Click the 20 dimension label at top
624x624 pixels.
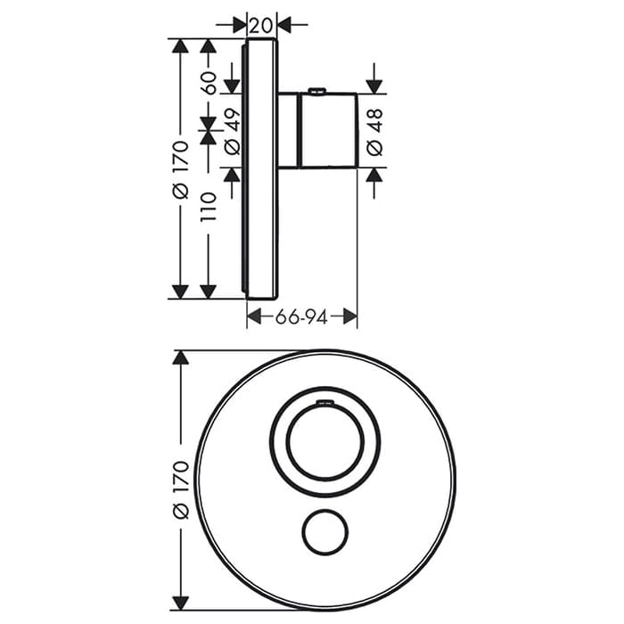(261, 26)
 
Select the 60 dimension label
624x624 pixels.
(209, 83)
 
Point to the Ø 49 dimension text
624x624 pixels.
(233, 131)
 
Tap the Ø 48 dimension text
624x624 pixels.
(374, 131)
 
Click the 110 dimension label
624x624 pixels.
(209, 207)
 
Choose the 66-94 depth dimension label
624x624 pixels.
(301, 317)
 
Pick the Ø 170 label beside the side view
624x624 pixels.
(180, 170)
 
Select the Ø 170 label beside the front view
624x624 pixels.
(181, 490)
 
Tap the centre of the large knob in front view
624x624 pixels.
(325, 442)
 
